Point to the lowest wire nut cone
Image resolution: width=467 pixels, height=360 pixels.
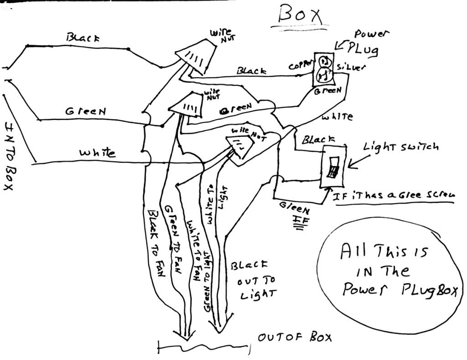point(240,147)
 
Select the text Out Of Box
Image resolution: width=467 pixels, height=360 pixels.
point(295,338)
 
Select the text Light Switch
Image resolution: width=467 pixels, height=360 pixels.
point(401,147)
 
